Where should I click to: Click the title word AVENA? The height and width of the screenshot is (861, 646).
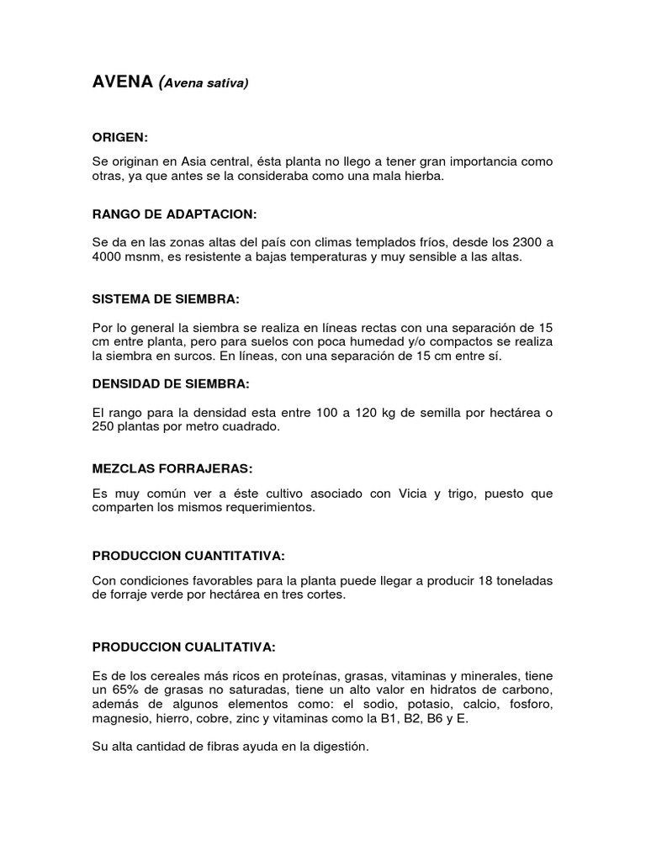(122, 82)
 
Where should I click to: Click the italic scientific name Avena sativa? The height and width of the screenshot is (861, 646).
(205, 83)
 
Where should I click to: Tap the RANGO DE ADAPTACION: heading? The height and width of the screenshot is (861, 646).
(174, 214)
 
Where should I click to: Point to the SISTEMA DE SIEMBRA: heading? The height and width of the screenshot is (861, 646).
(166, 298)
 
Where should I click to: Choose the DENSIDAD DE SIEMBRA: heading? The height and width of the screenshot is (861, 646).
(171, 383)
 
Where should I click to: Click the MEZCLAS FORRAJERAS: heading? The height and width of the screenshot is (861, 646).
(172, 467)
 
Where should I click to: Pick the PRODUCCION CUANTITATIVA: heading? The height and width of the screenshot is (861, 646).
(188, 556)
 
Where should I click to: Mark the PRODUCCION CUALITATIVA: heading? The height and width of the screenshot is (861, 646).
(183, 647)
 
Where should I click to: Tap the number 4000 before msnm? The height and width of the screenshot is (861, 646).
(108, 257)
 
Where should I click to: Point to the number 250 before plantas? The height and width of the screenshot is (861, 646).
(103, 426)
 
